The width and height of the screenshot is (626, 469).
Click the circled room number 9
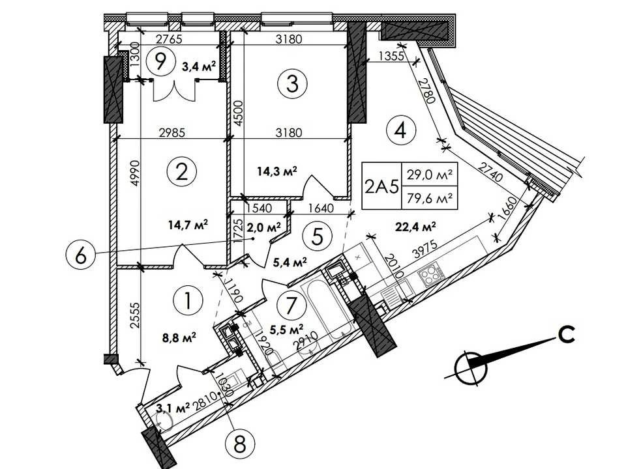(x=160, y=62)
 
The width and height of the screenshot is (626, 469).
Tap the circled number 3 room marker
(x=292, y=85)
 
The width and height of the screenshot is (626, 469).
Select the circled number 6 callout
(x=80, y=256)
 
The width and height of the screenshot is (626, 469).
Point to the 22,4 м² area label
(x=415, y=227)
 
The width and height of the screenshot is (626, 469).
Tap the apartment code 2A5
(x=381, y=186)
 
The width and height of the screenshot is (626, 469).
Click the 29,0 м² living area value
(x=430, y=175)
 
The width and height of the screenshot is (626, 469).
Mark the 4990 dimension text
(x=136, y=173)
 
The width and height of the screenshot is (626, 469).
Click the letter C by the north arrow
(x=567, y=334)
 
